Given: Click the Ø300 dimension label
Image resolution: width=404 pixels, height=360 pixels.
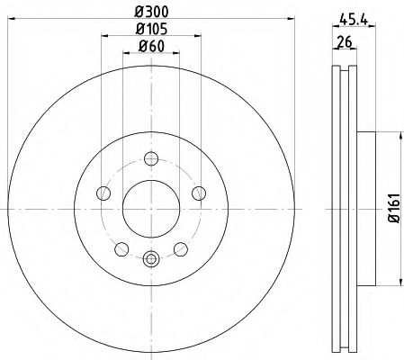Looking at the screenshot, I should point(150,13).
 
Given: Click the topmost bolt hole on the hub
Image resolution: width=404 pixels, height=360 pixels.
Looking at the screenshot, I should point(150,159).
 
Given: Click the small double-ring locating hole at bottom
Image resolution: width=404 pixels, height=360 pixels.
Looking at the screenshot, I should point(150,261).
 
